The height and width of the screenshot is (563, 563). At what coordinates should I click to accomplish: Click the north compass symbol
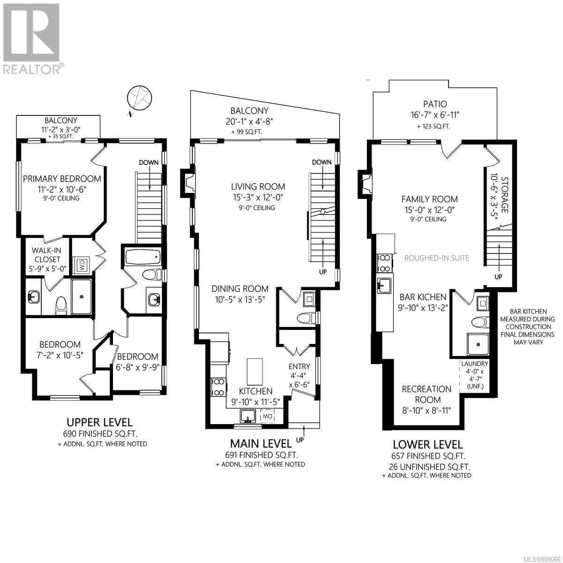click(x=139, y=98)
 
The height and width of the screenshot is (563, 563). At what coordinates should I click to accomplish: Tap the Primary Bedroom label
click(x=62, y=179)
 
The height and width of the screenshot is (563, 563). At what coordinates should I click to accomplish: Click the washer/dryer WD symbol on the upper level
click(x=81, y=265)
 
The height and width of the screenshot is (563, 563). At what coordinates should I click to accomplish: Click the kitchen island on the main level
click(x=254, y=372)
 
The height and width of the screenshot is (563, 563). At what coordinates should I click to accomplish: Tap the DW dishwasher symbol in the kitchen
click(x=267, y=416)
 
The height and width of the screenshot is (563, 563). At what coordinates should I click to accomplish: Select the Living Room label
click(x=258, y=186)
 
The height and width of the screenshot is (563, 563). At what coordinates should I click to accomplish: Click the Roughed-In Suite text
click(x=437, y=258)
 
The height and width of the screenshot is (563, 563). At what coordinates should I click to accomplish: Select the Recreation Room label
click(x=426, y=394)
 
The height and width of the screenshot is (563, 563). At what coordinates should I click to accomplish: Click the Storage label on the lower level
click(x=504, y=195)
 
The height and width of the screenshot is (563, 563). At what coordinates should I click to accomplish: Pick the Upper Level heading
click(x=99, y=422)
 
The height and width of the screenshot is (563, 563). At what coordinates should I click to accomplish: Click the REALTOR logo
click(x=32, y=38)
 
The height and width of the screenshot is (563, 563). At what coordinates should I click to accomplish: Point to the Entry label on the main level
click(x=299, y=366)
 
